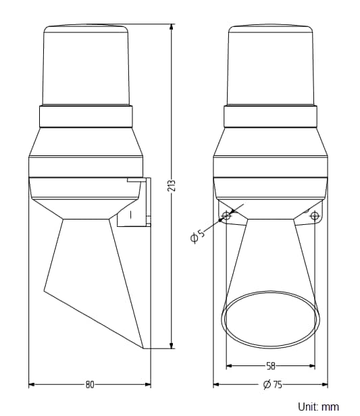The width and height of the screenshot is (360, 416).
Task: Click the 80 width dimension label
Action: point(89,385)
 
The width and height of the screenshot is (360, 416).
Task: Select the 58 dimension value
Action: point(270,366)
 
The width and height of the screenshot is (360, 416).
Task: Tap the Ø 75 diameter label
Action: point(272,385)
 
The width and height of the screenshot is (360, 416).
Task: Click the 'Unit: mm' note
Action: point(318,407)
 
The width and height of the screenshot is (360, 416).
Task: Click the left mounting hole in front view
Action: point(226,215)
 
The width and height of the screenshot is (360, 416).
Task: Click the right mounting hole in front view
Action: point(314,215)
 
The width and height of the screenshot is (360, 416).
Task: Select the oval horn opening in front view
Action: point(270,319)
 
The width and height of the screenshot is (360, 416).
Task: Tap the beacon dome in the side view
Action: point(86,66)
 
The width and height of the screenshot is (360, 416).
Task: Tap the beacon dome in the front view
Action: point(270,66)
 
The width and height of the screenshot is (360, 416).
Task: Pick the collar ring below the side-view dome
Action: point(85,116)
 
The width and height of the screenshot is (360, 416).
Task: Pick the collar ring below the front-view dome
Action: point(270,116)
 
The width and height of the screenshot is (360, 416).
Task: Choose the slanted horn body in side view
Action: point(95,277)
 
